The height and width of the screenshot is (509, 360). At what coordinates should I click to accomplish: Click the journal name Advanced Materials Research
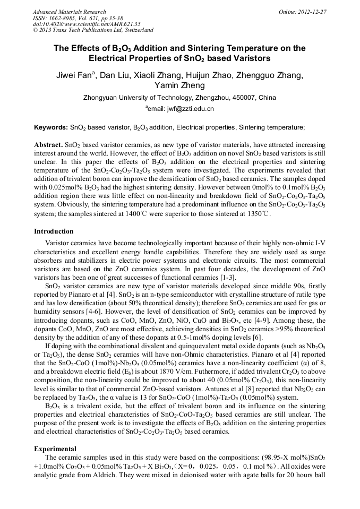click(69, 12)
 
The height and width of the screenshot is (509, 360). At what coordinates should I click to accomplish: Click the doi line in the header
click(86, 24)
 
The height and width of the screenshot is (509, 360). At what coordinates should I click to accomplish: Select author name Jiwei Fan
click(74, 75)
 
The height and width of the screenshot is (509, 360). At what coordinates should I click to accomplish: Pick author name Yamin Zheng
click(179, 85)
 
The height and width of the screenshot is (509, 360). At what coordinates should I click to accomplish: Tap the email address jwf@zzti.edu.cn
click(188, 109)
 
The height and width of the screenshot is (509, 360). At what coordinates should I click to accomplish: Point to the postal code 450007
click(244, 98)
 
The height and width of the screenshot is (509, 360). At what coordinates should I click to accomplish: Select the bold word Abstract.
click(48, 144)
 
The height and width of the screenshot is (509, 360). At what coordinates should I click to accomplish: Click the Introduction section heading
click(54, 231)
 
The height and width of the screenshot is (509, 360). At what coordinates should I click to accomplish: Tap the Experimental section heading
click(55, 449)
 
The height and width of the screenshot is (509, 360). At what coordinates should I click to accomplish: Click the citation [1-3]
click(227, 278)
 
